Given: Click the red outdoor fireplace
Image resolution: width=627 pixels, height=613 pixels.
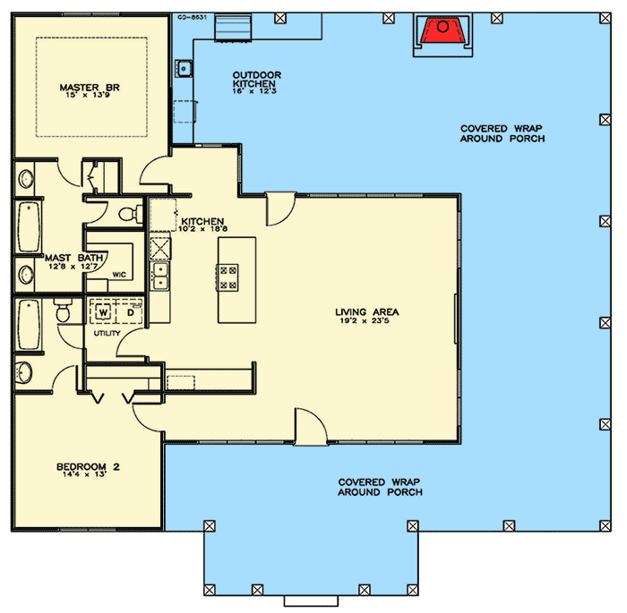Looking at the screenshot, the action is pyautogui.click(x=442, y=30).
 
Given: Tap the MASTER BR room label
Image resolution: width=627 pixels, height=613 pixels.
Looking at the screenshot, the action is pyautogui.click(x=90, y=87).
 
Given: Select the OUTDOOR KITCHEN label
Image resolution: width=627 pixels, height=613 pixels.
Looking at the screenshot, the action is pyautogui.click(x=257, y=79).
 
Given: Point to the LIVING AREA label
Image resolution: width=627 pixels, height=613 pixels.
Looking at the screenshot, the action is pyautogui.click(x=366, y=311).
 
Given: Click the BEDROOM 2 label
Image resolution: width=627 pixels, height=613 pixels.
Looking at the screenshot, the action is pyautogui.click(x=88, y=466).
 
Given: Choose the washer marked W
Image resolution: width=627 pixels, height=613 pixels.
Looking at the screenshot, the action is pyautogui.click(x=103, y=312).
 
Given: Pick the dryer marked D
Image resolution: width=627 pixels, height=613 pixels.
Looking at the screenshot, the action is pyautogui.click(x=131, y=312).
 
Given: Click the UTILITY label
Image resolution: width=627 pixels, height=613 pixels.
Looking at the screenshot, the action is pyautogui.click(x=107, y=333).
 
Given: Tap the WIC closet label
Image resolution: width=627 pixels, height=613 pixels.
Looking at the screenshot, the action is pyautogui.click(x=119, y=275).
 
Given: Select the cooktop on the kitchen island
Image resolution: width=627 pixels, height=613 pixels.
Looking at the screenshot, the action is pyautogui.click(x=228, y=277).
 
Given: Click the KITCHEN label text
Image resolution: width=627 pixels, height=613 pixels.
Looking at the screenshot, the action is pyautogui.click(x=202, y=221).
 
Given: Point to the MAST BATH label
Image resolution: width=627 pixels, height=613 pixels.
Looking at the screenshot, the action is pyautogui.click(x=74, y=258).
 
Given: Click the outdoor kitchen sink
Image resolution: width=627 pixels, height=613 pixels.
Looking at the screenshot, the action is pyautogui.click(x=184, y=68).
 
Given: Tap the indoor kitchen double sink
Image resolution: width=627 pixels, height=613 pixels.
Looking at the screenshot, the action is pyautogui.click(x=160, y=277).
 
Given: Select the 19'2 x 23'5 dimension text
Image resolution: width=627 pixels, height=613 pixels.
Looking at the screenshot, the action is pyautogui.click(x=365, y=320).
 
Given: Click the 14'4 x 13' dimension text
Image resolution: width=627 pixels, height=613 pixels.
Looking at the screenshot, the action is pyautogui.click(x=85, y=474).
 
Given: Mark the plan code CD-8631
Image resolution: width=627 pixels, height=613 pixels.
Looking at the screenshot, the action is pyautogui.click(x=192, y=18).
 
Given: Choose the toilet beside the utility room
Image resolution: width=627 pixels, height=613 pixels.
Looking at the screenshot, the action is pyautogui.click(x=64, y=311).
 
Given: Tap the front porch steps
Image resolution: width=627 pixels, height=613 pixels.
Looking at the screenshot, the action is pyautogui.click(x=311, y=601).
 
